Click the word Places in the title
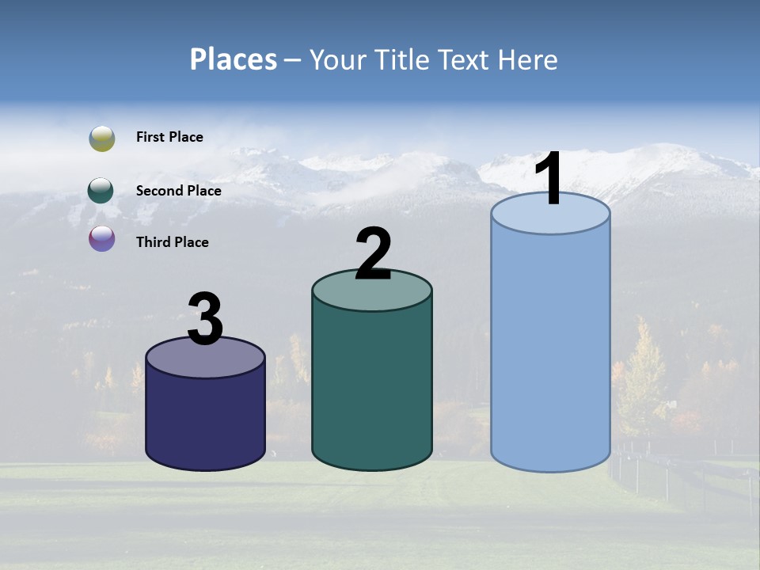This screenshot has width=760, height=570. coord(234,59)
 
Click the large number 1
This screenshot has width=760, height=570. coord(548,179)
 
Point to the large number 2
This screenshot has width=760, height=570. coord(373,254)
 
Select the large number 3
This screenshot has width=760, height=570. coord(205,319)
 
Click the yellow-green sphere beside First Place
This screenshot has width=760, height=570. coord(101,139)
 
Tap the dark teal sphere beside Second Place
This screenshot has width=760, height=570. coord(101,191)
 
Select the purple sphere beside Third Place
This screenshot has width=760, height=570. coord(101,238)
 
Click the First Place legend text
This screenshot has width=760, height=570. coord(169,137)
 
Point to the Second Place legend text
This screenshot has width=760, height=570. coord(178,191)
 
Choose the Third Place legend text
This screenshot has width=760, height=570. coord(172,242)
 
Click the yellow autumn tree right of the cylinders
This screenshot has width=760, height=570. coord(642,376)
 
